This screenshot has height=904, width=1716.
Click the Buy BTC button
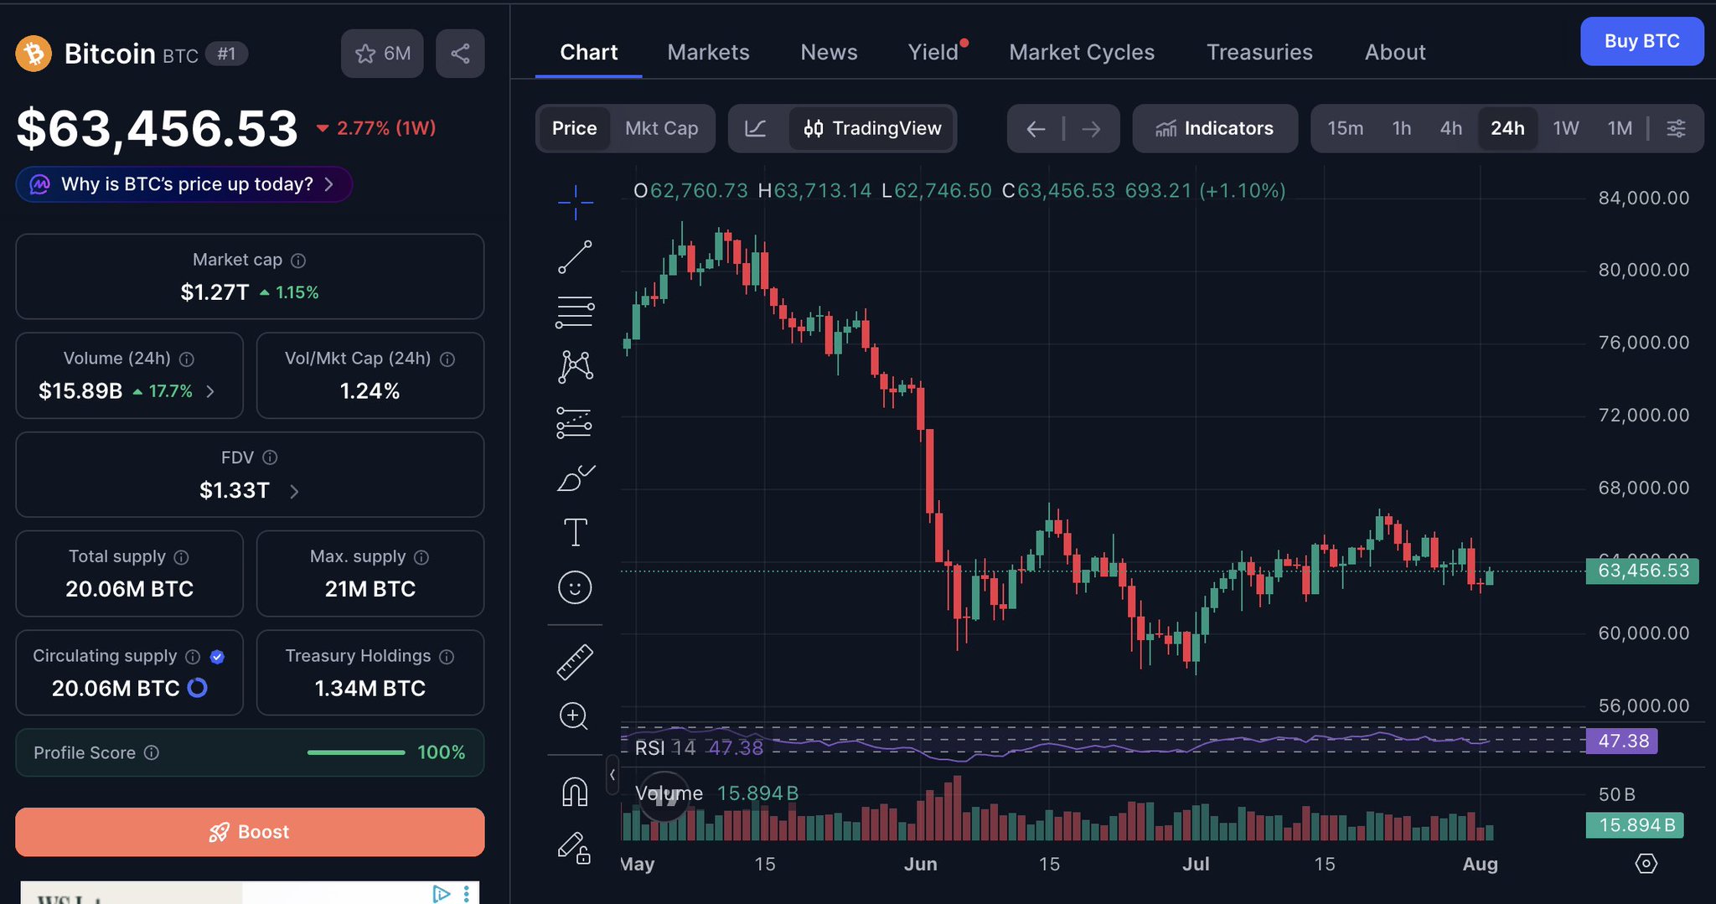(x=1641, y=41)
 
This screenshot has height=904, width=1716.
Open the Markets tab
(x=708, y=52)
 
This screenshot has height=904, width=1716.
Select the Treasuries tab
(x=1259, y=52)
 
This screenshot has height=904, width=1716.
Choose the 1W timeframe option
(x=1565, y=128)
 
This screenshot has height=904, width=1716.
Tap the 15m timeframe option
(x=1345, y=128)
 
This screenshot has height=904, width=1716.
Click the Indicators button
(x=1215, y=128)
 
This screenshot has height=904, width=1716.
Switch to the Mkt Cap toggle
(x=661, y=128)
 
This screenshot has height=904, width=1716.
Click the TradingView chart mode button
(x=871, y=128)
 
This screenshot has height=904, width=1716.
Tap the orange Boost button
(x=250, y=832)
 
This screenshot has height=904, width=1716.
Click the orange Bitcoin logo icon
(x=34, y=54)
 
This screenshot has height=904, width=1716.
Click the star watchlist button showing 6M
(x=382, y=54)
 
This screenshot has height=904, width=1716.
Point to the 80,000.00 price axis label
(x=1643, y=270)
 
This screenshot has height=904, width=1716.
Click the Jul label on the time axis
(x=1196, y=864)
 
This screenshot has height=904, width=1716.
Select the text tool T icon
(x=575, y=532)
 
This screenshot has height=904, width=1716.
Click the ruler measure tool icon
(x=575, y=662)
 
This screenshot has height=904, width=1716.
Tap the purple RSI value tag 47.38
(x=1622, y=741)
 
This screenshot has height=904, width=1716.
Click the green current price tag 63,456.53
(x=1642, y=571)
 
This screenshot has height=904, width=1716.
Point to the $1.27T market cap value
(x=214, y=292)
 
